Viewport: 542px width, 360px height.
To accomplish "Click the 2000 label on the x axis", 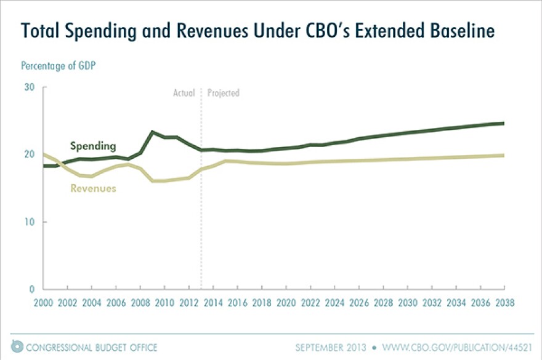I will click(x=43, y=303).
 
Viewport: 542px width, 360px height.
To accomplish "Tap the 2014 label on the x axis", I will click(x=213, y=303).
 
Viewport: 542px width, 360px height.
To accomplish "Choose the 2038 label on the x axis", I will click(x=504, y=303).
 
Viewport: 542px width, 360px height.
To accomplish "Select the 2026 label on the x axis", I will click(x=358, y=303).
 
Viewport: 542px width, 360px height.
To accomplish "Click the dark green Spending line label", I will click(x=92, y=146).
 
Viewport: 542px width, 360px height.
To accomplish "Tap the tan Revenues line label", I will click(x=93, y=188).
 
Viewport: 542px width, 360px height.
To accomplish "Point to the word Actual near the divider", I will click(x=184, y=94).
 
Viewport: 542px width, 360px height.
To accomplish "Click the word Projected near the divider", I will click(x=223, y=94).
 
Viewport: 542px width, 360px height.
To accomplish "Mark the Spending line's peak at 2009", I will click(x=153, y=132).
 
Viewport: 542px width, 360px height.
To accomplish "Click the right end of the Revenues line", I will click(x=504, y=155).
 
